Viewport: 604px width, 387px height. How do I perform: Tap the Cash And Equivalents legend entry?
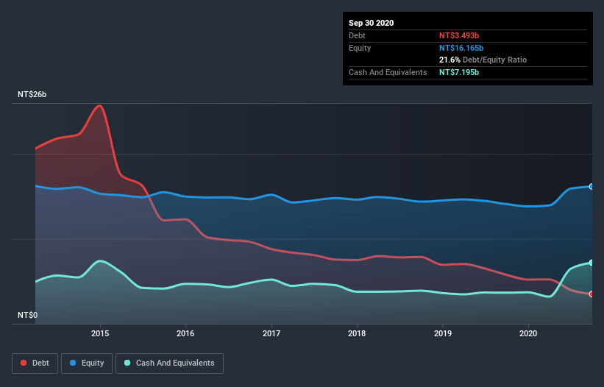[169, 363]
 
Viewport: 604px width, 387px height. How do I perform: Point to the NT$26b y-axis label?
[33, 95]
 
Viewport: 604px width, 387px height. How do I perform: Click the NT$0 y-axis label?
[28, 315]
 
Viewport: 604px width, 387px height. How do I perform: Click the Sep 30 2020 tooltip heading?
[371, 23]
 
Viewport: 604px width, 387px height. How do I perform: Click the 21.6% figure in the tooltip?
[450, 60]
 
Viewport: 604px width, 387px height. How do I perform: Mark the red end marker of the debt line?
[591, 294]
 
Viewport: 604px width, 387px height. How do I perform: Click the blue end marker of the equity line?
[591, 186]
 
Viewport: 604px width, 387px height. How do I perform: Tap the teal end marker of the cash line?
[591, 263]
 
